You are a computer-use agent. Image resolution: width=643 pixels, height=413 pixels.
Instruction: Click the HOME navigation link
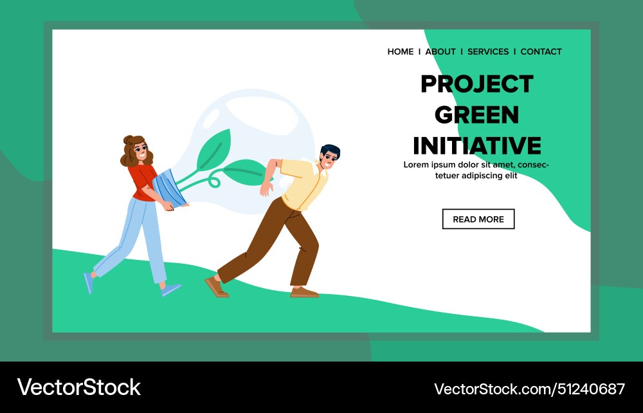coord(400,51)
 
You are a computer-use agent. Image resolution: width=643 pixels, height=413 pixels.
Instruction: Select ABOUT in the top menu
coord(440,51)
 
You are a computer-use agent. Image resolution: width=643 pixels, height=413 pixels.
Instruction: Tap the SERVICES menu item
coord(488,51)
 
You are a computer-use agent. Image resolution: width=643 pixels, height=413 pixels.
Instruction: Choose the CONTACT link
coord(541,51)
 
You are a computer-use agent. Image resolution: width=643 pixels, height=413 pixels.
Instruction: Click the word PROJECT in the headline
coord(477,84)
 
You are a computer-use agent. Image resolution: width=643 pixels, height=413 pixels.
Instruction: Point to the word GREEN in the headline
coord(477,115)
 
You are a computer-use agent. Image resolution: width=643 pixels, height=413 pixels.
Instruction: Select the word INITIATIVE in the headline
coord(477,146)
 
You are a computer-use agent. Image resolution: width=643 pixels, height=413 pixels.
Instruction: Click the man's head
coord(330,158)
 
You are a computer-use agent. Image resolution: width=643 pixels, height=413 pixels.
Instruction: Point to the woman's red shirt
coord(142,181)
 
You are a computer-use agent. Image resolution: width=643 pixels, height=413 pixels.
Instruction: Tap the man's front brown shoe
coord(303,292)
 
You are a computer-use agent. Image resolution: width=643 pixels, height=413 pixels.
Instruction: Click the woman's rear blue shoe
coord(88,282)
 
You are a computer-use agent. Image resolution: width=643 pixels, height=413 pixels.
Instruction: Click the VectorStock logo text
coord(78,387)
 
